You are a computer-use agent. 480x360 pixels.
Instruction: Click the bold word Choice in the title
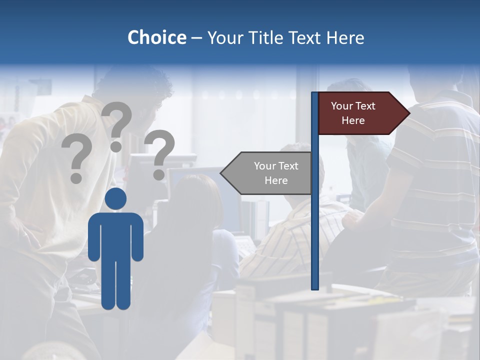coord(156,37)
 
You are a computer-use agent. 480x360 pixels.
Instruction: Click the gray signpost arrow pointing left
coord(270,173)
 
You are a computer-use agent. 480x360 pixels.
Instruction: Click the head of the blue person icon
coord(116,199)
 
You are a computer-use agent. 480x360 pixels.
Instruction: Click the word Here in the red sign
coord(353,120)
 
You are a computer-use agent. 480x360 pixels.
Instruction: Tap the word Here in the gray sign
coord(276,180)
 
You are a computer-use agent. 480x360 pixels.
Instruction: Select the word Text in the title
coord(305,38)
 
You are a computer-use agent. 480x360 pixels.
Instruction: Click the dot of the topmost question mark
coord(116,146)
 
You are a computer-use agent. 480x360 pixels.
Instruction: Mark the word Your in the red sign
coord(342,106)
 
